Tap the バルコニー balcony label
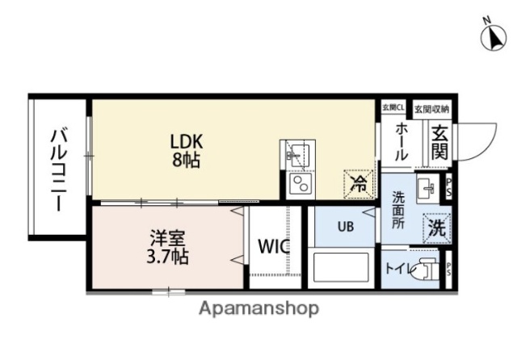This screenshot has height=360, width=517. click(58, 169)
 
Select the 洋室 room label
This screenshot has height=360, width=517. click(168, 240)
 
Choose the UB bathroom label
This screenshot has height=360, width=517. click(345, 227)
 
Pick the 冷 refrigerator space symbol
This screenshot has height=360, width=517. click(357, 182)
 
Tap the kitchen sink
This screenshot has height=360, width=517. click(296, 153)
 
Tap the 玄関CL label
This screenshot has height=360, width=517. click(395, 107)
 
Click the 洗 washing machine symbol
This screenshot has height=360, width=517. click(437, 228)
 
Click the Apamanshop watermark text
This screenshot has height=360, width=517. click(258, 308)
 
